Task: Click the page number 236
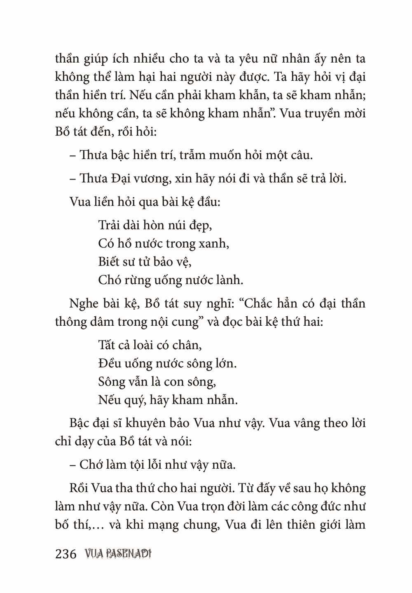(66, 554)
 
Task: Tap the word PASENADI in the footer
(128, 554)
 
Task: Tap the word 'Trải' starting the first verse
(109, 225)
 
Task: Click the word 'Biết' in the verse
(109, 261)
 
